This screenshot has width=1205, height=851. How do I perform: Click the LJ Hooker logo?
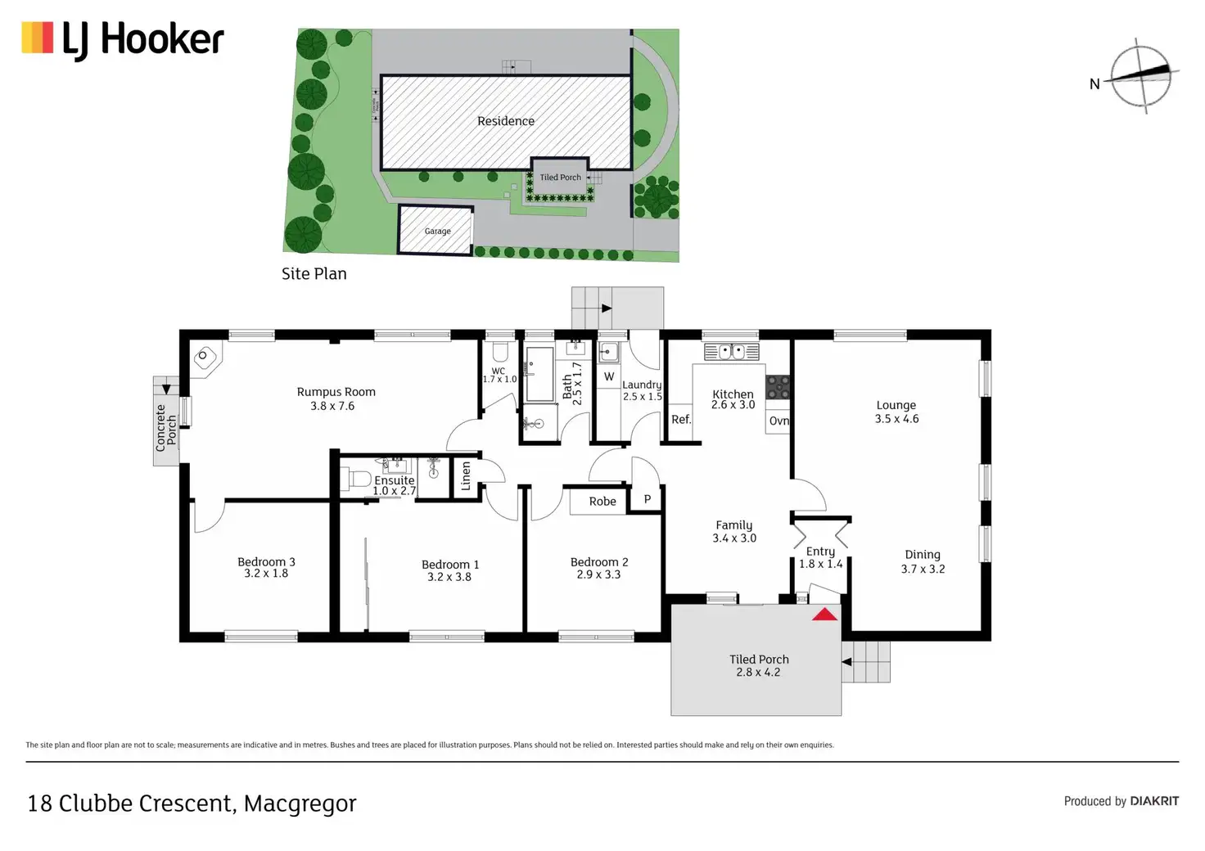point(123,40)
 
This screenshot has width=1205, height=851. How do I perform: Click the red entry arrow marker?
point(824,614)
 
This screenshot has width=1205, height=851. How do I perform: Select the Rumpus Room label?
point(336,392)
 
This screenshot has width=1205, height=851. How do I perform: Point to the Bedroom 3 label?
point(266,562)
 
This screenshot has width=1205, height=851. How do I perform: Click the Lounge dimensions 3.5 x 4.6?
point(896,419)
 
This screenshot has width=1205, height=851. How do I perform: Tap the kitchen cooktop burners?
point(778,387)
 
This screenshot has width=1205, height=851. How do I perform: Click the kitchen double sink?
point(732,352)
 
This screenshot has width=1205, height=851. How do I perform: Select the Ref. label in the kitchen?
point(681,420)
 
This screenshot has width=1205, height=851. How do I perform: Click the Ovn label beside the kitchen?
point(779,421)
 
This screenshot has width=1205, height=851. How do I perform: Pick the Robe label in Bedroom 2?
point(602,502)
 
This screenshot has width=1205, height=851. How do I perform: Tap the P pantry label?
point(648,499)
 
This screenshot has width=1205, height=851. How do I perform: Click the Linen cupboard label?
point(466,475)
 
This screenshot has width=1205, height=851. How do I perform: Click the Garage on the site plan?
point(437,231)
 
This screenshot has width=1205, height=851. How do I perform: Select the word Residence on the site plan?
point(506,121)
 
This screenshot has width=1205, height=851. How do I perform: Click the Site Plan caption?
point(314,274)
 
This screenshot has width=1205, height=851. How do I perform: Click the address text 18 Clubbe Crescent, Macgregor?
point(192,804)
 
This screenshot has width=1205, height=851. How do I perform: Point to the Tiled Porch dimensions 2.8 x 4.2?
point(758,673)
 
